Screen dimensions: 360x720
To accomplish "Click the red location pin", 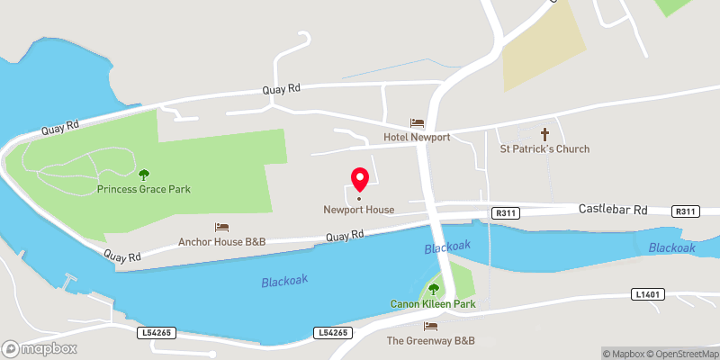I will click(x=359, y=180).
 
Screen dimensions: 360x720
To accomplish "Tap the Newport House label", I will click(x=359, y=210).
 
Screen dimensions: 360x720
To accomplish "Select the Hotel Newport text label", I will click(x=417, y=137).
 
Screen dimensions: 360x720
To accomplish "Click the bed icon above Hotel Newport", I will click(x=417, y=122).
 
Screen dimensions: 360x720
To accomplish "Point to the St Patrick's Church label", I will click(x=544, y=148).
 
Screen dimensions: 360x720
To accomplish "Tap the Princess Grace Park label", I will click(x=144, y=190).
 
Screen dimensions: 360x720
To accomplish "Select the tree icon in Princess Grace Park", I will click(x=144, y=175).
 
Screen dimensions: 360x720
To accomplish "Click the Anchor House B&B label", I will click(x=221, y=241).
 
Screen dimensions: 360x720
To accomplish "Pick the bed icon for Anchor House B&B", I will click(x=221, y=227).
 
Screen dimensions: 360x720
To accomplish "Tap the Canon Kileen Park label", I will click(x=432, y=304).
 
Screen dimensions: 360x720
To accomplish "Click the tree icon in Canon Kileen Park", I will click(x=433, y=289).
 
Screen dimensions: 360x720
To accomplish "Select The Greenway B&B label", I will click(x=430, y=341).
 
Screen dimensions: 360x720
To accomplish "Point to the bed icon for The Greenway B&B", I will click(x=430, y=326).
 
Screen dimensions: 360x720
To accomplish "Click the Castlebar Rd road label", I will click(x=612, y=210).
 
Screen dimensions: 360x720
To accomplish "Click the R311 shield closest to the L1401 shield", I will click(x=685, y=211).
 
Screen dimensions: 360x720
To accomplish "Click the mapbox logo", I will click(x=40, y=348).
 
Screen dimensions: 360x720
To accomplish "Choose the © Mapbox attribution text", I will click(x=624, y=354).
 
